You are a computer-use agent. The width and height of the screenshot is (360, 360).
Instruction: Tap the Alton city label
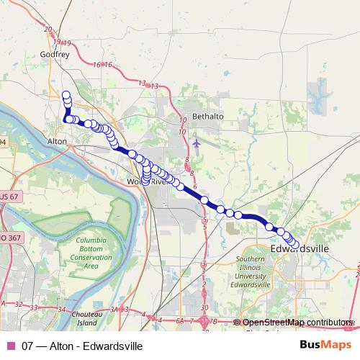point(57,141)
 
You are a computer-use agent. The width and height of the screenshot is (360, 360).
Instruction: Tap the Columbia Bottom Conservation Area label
point(91,253)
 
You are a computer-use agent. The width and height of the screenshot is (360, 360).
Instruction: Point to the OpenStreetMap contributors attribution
point(298,322)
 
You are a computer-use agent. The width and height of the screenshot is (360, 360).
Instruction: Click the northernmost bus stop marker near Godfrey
point(66,95)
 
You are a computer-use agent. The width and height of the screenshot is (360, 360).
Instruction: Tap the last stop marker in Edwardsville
point(294,246)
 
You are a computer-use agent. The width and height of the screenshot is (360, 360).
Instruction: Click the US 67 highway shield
point(10,197)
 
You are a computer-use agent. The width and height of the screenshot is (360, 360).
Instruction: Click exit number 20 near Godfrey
point(48,30)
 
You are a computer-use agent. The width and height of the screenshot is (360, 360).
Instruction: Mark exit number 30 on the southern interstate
point(206,307)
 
